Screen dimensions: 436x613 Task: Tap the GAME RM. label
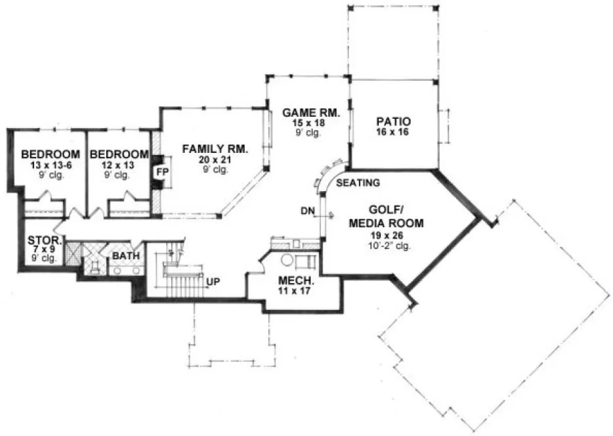pyautogui.click(x=310, y=112)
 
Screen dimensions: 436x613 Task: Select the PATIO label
pyautogui.click(x=393, y=121)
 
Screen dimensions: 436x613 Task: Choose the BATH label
pyautogui.click(x=125, y=255)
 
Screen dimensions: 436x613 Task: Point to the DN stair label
pyautogui.click(x=307, y=211)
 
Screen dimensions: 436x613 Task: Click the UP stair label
pyautogui.click(x=213, y=282)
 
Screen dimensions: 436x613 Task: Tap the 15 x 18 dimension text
pyautogui.click(x=310, y=123)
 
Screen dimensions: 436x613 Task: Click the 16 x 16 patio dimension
pyautogui.click(x=393, y=133)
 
